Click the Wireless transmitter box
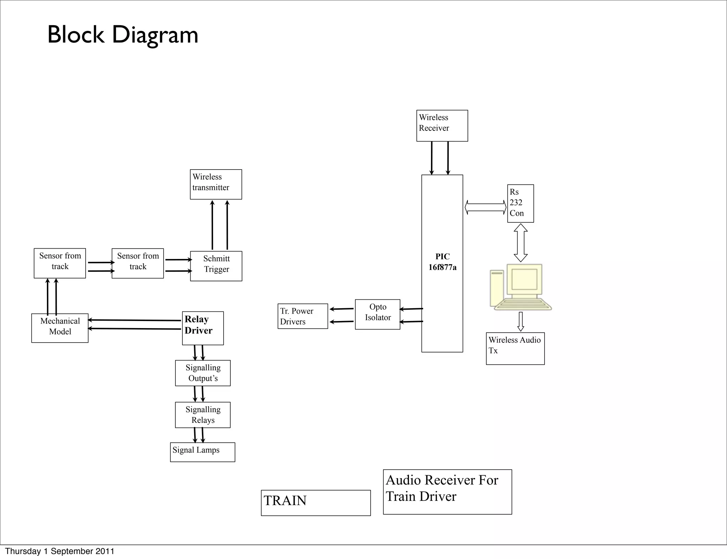tap(216, 184)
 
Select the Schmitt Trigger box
tap(216, 266)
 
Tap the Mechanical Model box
tap(60, 328)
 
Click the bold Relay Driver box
tap(203, 328)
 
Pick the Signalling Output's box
tap(203, 373)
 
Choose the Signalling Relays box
tap(203, 415)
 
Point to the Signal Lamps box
tap(202, 452)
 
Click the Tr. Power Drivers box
tap(302, 316)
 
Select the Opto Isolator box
tap(377, 314)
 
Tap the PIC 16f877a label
tap(442, 262)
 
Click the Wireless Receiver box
tap(442, 126)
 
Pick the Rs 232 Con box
tap(520, 203)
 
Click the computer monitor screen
tap(524, 279)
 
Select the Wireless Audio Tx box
tap(515, 348)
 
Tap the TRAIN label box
tap(316, 503)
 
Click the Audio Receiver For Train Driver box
tap(447, 492)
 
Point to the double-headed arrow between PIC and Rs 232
tap(485, 207)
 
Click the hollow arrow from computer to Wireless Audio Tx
tap(521, 321)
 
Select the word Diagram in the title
tap(155, 35)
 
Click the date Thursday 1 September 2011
tap(60, 551)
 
